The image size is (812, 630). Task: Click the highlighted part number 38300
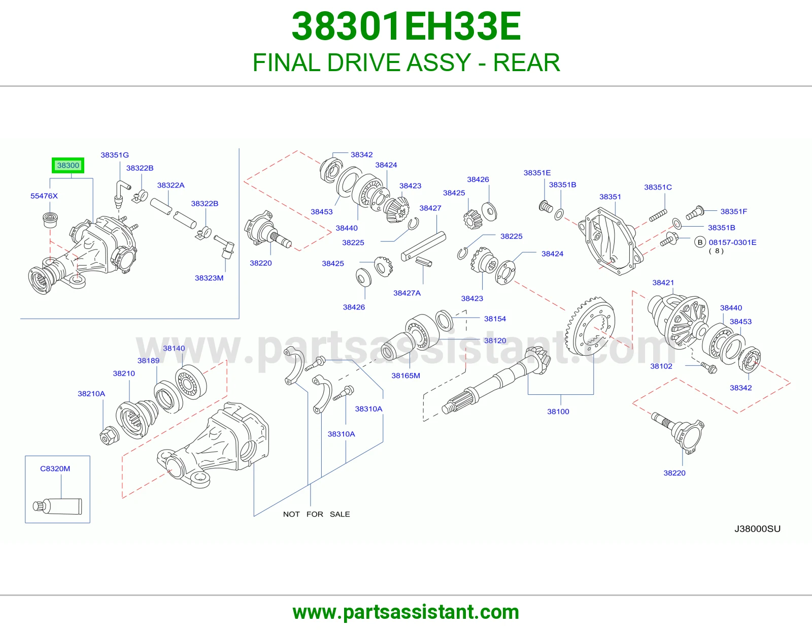pyautogui.click(x=68, y=165)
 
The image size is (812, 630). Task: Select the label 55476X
pyautogui.click(x=44, y=196)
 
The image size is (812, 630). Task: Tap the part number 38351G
pyautogui.click(x=115, y=155)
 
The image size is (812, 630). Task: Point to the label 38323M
pyautogui.click(x=209, y=278)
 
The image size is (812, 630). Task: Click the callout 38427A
pyautogui.click(x=407, y=293)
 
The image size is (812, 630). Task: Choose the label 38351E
pyautogui.click(x=537, y=173)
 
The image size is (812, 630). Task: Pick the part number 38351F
pyautogui.click(x=734, y=211)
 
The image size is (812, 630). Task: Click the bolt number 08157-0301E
pyautogui.click(x=732, y=242)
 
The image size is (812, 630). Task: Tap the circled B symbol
pyautogui.click(x=700, y=242)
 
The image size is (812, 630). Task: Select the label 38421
pyautogui.click(x=663, y=282)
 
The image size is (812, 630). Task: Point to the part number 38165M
pyautogui.click(x=406, y=375)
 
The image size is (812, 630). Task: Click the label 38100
pyautogui.click(x=558, y=412)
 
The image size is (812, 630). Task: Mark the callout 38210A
pyautogui.click(x=91, y=394)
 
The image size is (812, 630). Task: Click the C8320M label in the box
pyautogui.click(x=55, y=469)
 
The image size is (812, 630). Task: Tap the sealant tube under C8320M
pyautogui.click(x=57, y=507)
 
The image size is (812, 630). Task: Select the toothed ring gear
pyautogui.click(x=590, y=326)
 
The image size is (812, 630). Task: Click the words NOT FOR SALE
pyautogui.click(x=317, y=514)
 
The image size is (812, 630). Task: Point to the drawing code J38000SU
pyautogui.click(x=757, y=528)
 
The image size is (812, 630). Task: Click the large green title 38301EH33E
pyautogui.click(x=406, y=26)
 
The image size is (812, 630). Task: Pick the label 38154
pyautogui.click(x=495, y=319)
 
